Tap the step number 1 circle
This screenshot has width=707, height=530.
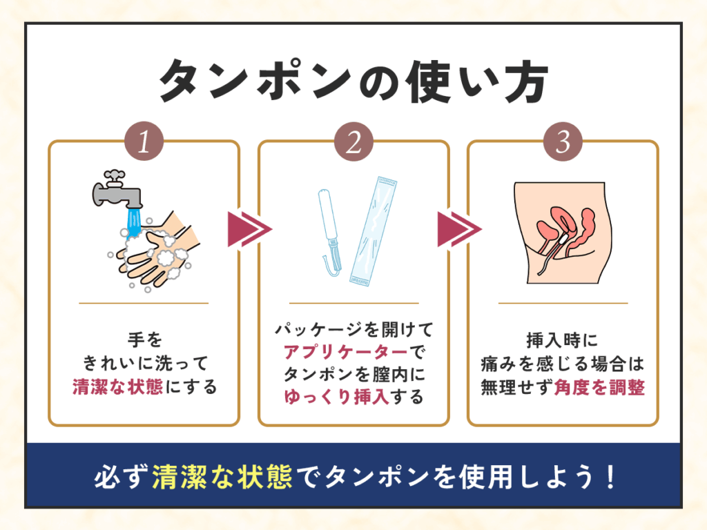point(144,142)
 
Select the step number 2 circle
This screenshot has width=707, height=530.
point(353,142)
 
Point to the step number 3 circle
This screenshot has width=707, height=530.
point(563,142)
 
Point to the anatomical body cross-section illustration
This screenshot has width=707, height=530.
point(563,231)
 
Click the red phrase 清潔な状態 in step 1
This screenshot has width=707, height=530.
point(117,387)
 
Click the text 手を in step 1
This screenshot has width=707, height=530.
point(144,340)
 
